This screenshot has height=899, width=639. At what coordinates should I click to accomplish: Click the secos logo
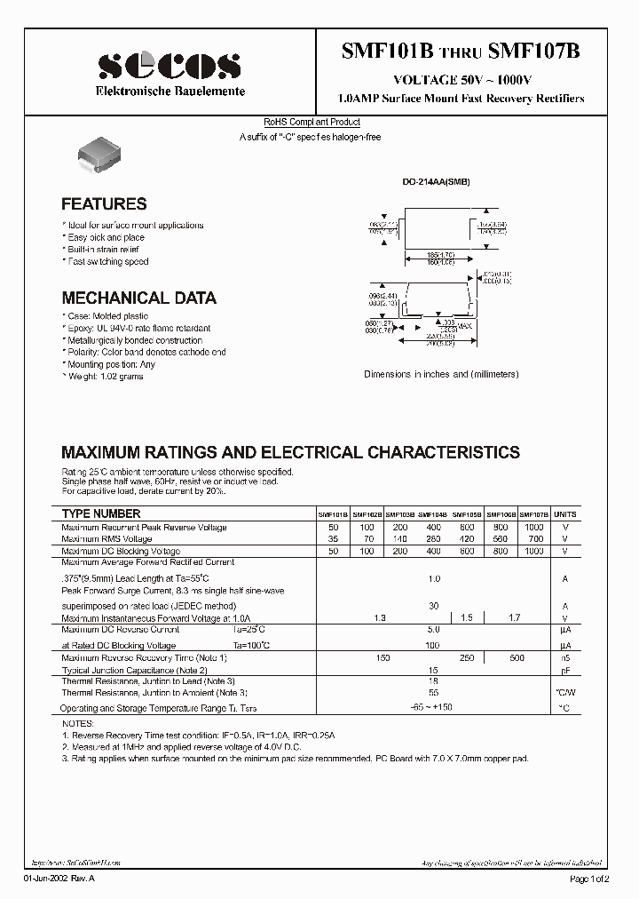click(169, 66)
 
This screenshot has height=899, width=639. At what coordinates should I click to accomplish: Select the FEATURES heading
click(104, 204)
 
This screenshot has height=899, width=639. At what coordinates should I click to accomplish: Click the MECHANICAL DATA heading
click(138, 298)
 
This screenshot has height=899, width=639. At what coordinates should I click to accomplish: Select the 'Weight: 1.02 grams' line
click(104, 377)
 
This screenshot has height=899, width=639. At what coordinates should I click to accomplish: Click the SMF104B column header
click(433, 514)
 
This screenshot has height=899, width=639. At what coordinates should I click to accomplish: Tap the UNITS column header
click(564, 514)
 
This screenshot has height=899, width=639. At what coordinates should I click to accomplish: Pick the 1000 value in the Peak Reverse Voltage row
click(534, 527)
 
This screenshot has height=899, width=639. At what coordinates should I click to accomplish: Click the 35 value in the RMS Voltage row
click(333, 539)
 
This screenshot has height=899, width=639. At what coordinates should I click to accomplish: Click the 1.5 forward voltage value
click(468, 617)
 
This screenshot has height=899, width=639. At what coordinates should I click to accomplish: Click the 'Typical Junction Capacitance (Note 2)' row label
click(134, 670)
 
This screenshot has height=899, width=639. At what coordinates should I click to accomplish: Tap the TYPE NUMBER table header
click(101, 514)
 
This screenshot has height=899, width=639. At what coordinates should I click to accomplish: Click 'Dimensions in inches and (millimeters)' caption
click(441, 375)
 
